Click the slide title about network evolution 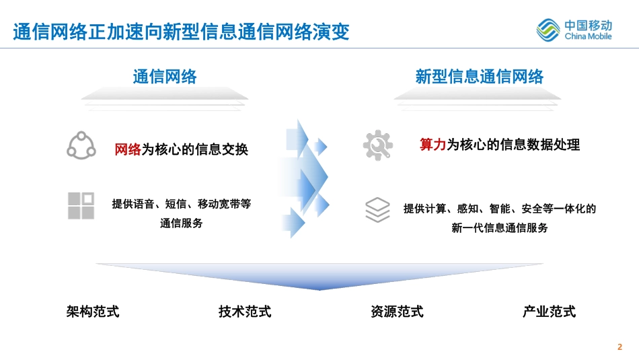[x=181, y=32]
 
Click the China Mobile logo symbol [x=548, y=30]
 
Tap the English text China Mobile [x=588, y=36]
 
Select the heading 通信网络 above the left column [x=165, y=77]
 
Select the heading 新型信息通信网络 [x=479, y=77]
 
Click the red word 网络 [x=128, y=149]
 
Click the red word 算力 [x=433, y=144]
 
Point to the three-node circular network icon [x=81, y=145]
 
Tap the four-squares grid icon [x=81, y=206]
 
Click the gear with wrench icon [x=378, y=145]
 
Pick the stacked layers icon [x=377, y=210]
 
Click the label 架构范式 [x=93, y=312]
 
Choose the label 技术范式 [x=245, y=312]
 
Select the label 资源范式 [x=398, y=312]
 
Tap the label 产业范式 [x=550, y=312]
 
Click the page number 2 [x=620, y=347]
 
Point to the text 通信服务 [x=182, y=223]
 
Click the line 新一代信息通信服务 [x=500, y=227]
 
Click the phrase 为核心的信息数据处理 [x=513, y=144]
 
